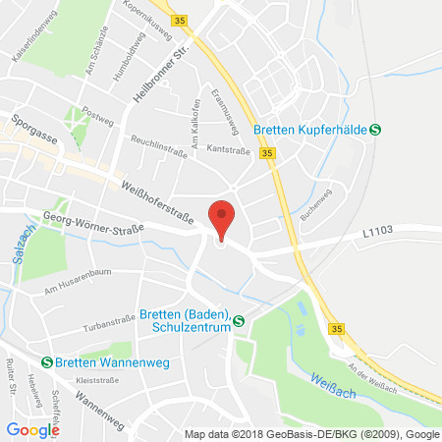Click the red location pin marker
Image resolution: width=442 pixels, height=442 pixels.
click(x=224, y=217)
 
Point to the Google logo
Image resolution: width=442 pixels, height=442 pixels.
click(x=32, y=429)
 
